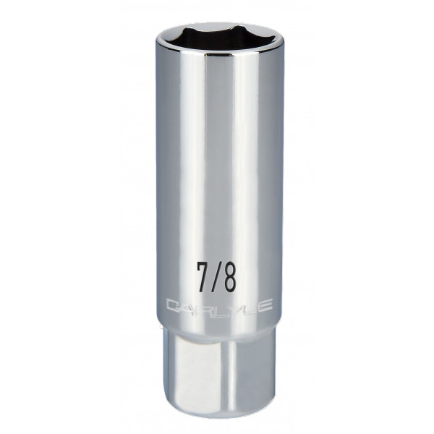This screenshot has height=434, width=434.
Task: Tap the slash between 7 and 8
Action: point(216,277)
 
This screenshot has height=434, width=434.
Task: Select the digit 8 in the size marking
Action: point(229,277)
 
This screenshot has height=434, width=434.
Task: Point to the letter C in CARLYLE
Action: point(173,306)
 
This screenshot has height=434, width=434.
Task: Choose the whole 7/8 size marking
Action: point(216,277)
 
